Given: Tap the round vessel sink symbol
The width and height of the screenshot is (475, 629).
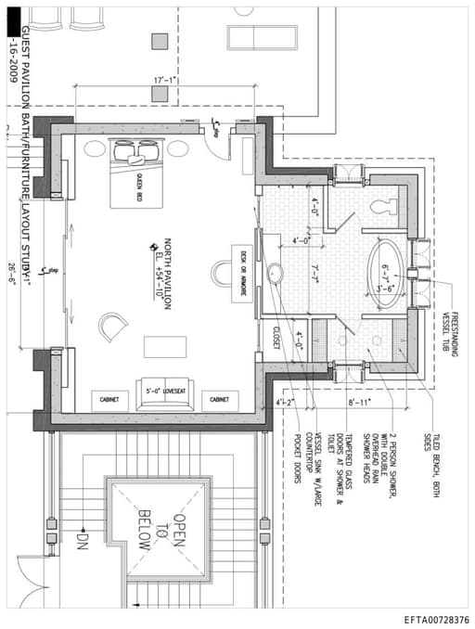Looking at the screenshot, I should click(x=275, y=274).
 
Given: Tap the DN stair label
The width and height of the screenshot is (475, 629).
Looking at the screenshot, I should click(x=82, y=537).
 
